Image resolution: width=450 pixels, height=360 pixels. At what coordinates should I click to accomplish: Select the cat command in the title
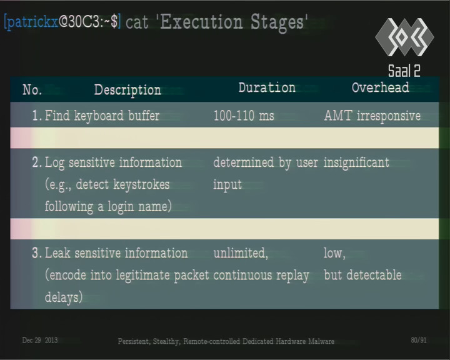tap(137, 22)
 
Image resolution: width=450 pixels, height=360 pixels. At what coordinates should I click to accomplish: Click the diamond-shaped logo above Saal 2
tap(404, 37)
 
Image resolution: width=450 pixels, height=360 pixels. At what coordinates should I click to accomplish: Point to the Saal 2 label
tap(404, 71)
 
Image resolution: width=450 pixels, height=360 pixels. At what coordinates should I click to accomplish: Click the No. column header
tap(32, 90)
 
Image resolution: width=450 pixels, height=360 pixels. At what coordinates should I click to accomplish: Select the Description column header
tap(127, 90)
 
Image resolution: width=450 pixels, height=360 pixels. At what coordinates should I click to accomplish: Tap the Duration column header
tap(267, 87)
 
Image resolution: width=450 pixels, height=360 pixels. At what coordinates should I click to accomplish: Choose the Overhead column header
tap(380, 87)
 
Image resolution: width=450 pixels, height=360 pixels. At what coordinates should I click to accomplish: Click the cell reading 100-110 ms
tap(244, 116)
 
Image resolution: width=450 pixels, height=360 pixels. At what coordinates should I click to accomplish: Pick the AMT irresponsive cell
tap(372, 116)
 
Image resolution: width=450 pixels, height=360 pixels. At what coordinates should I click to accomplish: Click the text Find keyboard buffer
tap(102, 116)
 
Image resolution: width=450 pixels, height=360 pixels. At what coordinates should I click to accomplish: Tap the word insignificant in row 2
tap(356, 162)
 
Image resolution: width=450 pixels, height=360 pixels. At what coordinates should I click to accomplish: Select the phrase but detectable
tap(362, 275)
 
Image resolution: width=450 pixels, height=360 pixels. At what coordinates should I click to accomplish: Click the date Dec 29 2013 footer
tap(40, 341)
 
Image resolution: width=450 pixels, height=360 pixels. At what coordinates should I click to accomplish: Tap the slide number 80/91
tap(419, 340)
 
